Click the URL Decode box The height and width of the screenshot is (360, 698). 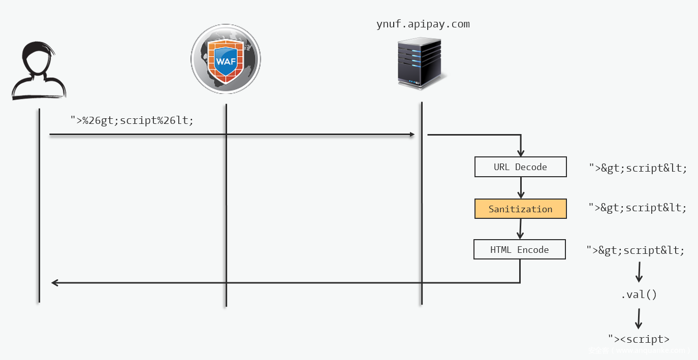pos(520,167)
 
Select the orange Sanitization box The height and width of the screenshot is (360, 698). pos(520,209)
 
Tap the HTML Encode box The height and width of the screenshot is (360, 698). pos(519,250)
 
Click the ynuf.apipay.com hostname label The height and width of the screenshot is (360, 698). pos(423,24)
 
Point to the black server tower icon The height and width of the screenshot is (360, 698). pos(420,63)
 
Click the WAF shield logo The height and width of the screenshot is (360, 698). pos(226,59)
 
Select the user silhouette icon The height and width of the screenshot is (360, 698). pos(39,71)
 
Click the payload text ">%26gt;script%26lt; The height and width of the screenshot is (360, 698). pos(132,121)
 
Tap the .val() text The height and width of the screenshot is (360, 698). pos(639,294)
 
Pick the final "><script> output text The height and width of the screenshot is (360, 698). pos(639,339)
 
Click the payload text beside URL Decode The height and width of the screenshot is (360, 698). pos(638,168)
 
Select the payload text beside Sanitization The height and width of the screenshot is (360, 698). pos(638,208)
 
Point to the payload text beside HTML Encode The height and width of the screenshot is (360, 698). pos(636,250)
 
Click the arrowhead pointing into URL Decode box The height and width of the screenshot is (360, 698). pos(521,152)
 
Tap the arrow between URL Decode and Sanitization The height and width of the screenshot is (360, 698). pos(521,188)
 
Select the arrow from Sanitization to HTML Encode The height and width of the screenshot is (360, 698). pos(520,230)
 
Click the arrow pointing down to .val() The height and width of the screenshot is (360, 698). pos(639,273)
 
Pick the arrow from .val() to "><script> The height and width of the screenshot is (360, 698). pos(639,319)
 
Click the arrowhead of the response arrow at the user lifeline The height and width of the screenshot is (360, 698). pos(54,283)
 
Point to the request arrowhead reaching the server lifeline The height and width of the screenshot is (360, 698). pos(412,135)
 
